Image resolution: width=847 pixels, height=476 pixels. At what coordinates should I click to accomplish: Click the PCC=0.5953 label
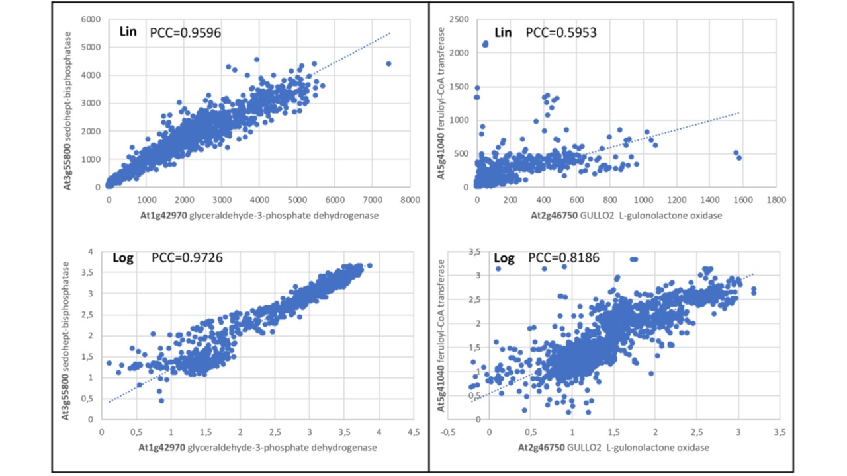point(561,32)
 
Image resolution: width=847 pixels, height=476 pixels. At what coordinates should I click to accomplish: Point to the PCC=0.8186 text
point(564,258)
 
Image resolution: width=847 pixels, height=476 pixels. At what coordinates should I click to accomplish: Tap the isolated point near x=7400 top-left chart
point(388,63)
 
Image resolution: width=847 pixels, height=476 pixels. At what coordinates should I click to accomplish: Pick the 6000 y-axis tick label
point(90,19)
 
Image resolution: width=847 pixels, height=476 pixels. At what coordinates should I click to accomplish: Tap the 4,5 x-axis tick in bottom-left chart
point(414,432)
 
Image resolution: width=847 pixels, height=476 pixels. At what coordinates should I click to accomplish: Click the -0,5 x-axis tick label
point(448,432)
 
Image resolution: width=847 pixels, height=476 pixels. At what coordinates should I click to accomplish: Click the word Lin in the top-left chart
point(128,31)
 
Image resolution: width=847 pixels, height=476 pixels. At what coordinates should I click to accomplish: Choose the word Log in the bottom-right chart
point(505,258)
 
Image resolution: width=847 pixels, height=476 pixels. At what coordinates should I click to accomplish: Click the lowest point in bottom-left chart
point(161,401)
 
